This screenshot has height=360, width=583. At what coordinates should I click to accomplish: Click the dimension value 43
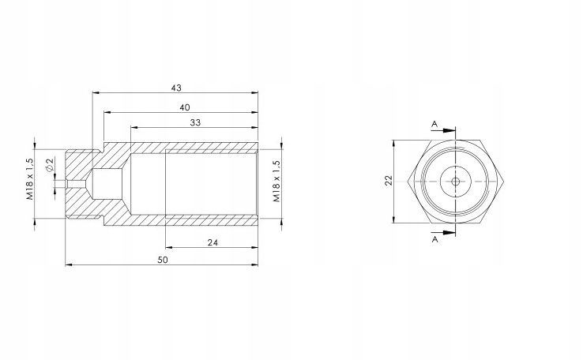[x=176, y=88]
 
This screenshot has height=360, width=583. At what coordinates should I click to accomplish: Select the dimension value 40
[x=185, y=107]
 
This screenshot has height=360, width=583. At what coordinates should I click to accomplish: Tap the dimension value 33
[x=195, y=122]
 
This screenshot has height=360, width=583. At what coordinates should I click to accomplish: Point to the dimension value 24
[x=213, y=242]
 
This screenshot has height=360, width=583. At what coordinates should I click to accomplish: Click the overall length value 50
[x=163, y=260]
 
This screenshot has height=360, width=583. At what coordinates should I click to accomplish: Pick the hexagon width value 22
[x=389, y=181]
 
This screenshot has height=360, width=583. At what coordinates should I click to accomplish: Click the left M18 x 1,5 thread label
[x=30, y=179]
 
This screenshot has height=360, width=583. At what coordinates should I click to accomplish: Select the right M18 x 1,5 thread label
[x=277, y=182]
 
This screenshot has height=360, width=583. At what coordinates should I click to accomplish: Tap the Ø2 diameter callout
[x=50, y=164]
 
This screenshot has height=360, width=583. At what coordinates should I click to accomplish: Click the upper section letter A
[x=434, y=125]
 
